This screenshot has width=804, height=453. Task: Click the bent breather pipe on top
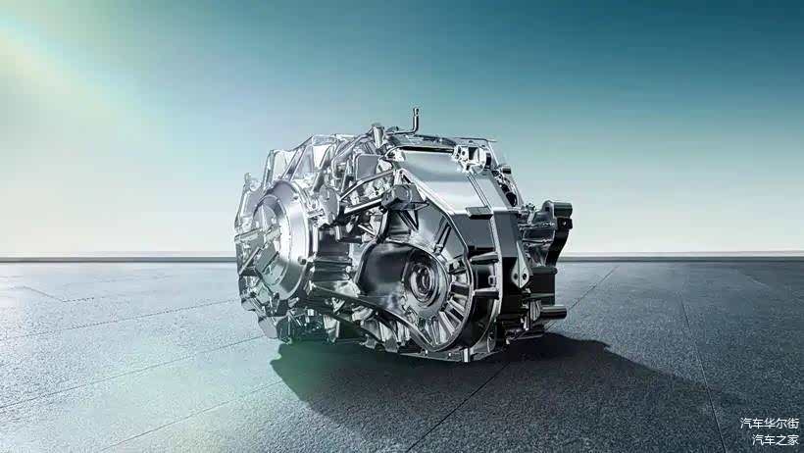(413, 123)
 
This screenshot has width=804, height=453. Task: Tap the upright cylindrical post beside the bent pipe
(377, 134)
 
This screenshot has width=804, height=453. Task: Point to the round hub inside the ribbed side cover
(426, 280)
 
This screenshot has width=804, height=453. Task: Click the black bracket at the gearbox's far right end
(558, 226)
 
